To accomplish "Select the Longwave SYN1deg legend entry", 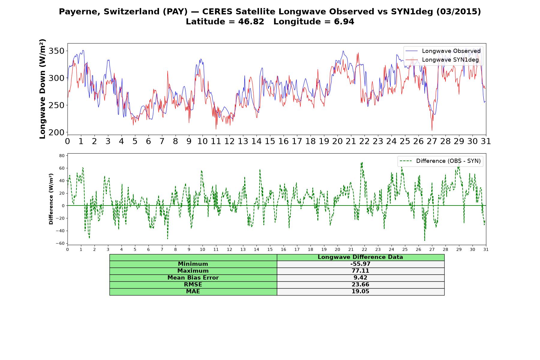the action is (442, 60).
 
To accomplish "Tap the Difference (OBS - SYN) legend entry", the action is (440, 161).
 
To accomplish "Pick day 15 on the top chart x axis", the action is (270, 141).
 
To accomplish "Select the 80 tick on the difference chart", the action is (62, 155).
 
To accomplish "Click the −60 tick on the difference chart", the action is (60, 243).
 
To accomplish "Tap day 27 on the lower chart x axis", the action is (432, 250).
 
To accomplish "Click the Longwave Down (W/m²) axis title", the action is (43, 89).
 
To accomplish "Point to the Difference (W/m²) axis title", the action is (51, 199).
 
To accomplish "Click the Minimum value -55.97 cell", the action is (360, 264).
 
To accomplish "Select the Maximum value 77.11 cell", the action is (360, 271).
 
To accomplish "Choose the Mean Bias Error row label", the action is (193, 278).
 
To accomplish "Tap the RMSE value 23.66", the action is (360, 285).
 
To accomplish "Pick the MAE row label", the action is (193, 292).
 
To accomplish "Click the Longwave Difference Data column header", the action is (360, 257).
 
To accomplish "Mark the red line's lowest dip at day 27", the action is (432, 130).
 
